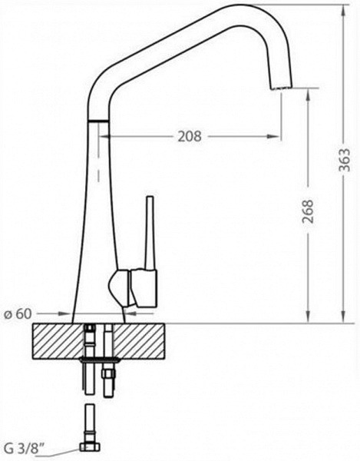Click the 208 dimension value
[x=190, y=137]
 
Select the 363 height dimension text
[x=345, y=160]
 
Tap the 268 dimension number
[x=308, y=212]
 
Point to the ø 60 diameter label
[x=18, y=314]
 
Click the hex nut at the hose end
[x=90, y=447]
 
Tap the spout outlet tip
[x=281, y=88]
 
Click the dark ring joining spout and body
[x=98, y=121]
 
